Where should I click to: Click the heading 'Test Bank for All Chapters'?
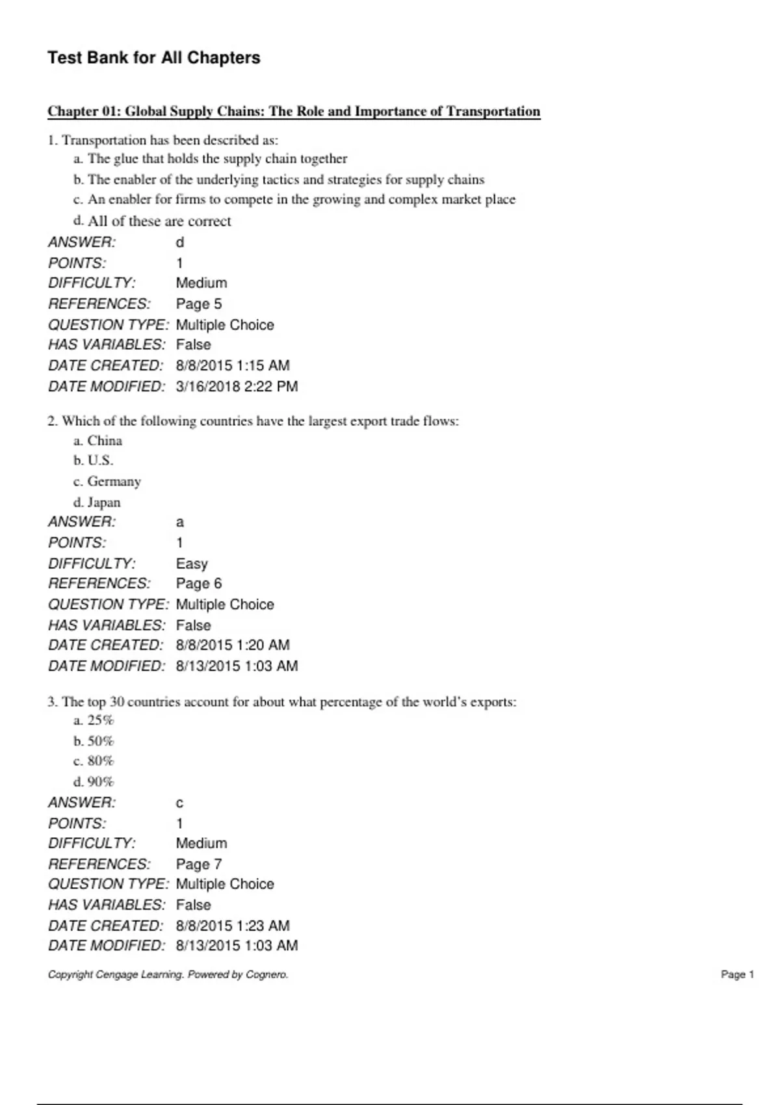(153, 58)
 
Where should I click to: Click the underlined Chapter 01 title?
(294, 111)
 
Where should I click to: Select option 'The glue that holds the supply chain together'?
(217, 159)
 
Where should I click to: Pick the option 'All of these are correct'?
(159, 221)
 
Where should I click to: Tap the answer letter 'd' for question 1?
(180, 242)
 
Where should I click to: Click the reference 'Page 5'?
(198, 304)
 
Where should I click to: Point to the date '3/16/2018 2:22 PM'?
(237, 387)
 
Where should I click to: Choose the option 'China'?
(105, 441)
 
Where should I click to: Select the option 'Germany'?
(114, 482)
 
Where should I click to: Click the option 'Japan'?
(104, 502)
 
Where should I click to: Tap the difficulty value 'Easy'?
(192, 564)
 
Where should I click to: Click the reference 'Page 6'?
(198, 584)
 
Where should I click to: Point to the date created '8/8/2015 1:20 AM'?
(233, 645)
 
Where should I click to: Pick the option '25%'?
(100, 720)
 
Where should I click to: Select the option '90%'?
(100, 782)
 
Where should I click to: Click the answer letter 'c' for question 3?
(180, 803)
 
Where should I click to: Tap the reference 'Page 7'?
(198, 864)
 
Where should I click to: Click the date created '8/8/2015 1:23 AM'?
(233, 926)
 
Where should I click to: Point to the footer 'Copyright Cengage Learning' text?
(168, 974)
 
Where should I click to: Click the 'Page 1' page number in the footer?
(737, 974)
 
